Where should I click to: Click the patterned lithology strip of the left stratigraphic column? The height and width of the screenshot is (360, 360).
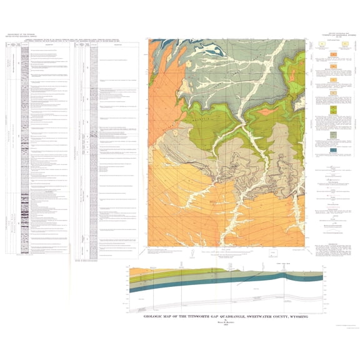[24, 156]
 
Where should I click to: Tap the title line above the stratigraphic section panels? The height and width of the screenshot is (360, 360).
[75, 44]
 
